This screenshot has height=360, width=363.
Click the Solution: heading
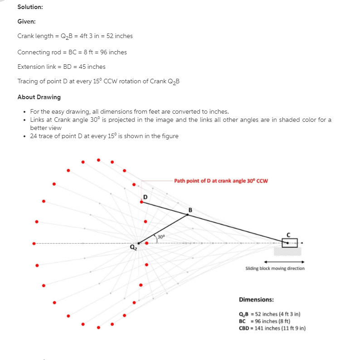point(30,7)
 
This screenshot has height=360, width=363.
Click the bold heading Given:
point(26,22)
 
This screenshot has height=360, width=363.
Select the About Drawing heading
point(39,97)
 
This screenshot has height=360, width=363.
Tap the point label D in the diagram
point(145,197)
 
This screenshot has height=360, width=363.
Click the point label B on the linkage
point(190,210)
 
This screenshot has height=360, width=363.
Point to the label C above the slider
point(288,235)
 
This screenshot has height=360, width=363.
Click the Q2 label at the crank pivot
point(133,247)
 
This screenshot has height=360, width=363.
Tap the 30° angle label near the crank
point(161,237)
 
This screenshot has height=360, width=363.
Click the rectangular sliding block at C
point(290,243)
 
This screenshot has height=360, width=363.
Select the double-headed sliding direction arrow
point(284,262)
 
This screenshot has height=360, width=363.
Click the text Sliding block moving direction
point(275,269)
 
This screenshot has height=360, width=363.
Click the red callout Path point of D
point(221,181)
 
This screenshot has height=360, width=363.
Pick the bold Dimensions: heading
point(257,300)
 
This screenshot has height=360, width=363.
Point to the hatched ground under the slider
point(287,251)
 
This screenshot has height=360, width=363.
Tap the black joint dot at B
point(188,215)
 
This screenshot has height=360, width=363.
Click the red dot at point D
point(141,202)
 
